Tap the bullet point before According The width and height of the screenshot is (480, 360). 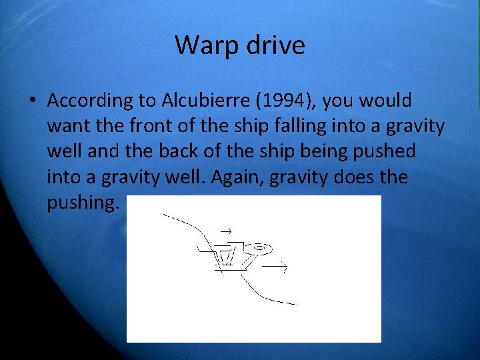click(31, 101)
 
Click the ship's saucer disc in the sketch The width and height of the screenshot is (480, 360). click(257, 249)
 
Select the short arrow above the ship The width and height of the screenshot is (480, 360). click(224, 231)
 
